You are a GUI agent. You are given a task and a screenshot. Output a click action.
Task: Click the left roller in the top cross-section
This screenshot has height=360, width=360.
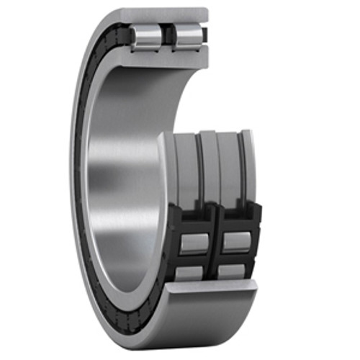145,37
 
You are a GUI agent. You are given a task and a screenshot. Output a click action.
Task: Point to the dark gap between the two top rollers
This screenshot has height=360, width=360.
168,36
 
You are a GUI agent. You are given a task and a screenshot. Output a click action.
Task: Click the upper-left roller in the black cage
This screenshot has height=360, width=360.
194,243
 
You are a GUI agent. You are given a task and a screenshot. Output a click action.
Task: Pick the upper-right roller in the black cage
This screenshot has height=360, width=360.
235,243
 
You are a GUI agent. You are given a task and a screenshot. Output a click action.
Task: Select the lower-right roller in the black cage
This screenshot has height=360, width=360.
232,272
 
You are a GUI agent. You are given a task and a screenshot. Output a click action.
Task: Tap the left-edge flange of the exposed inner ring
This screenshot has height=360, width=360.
168,169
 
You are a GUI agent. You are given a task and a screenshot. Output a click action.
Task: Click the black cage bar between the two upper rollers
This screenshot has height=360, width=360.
214,241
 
